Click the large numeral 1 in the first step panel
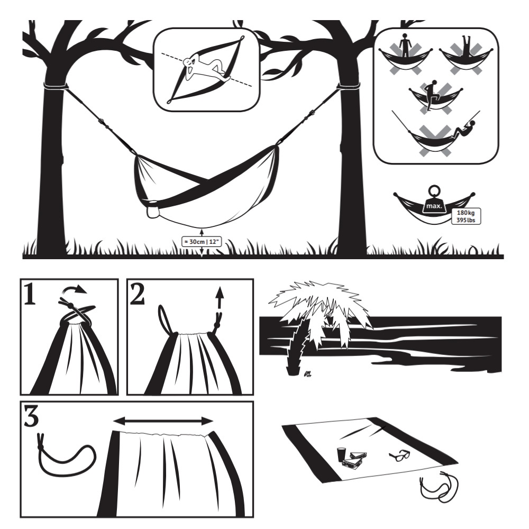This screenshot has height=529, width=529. [30, 294]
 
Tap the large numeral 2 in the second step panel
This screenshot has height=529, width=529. [137, 294]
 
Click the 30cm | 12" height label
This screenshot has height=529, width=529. [202, 242]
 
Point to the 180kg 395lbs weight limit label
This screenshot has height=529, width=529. [466, 216]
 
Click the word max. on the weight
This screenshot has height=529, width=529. [434, 206]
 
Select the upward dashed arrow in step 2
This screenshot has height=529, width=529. [220, 298]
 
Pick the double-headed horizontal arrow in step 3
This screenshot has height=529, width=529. [163, 421]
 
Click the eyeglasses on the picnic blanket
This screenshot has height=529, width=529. [400, 455]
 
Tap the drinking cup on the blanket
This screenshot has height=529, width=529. [342, 454]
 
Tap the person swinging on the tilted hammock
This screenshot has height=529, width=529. [463, 130]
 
